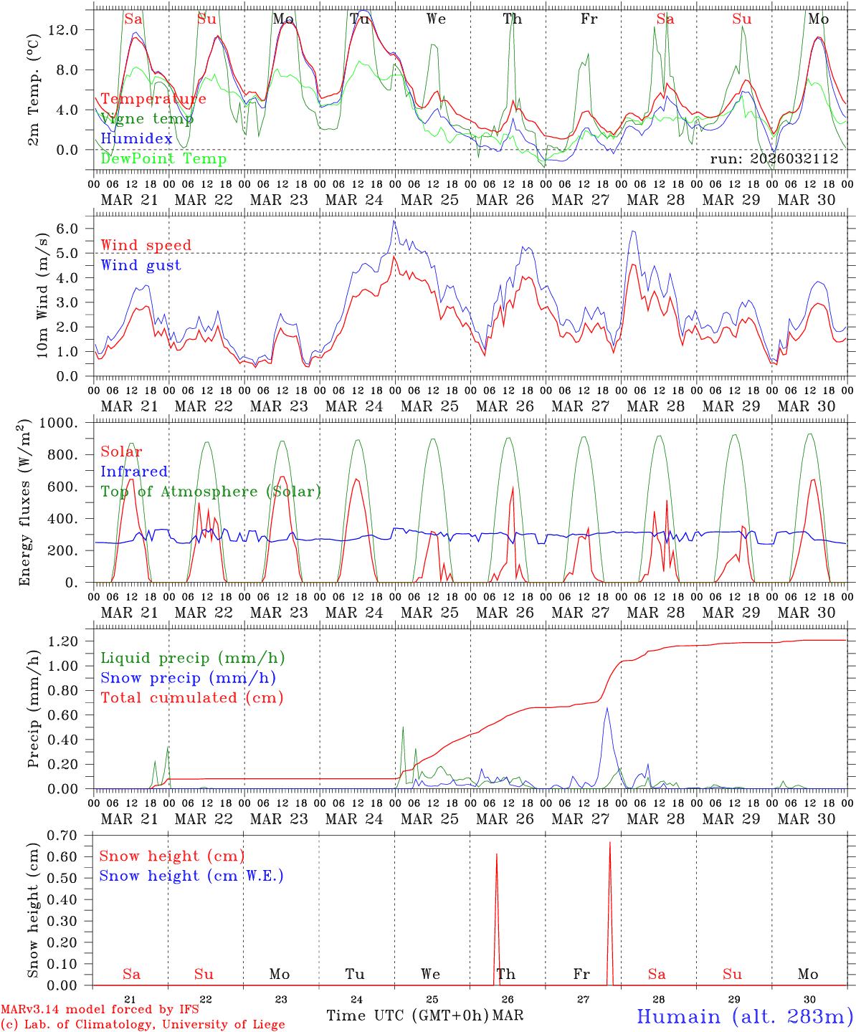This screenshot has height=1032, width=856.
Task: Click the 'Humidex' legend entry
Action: (x=136, y=139)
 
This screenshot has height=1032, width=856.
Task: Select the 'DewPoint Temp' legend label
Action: (x=163, y=159)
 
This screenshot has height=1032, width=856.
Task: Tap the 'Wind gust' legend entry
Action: (x=141, y=265)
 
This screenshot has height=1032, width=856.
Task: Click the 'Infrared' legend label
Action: (x=134, y=472)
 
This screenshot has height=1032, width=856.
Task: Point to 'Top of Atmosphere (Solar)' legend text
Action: (x=211, y=492)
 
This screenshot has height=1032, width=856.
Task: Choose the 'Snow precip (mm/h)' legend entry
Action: (x=188, y=678)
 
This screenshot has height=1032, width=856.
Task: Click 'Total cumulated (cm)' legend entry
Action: (x=191, y=697)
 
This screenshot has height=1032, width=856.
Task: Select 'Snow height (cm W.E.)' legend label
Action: (x=191, y=876)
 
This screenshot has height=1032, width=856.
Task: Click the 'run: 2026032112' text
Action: (x=774, y=159)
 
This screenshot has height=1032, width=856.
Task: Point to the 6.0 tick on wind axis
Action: (x=67, y=229)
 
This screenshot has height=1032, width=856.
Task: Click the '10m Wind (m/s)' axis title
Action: (x=43, y=295)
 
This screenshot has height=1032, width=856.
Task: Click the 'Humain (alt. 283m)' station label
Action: (x=744, y=1016)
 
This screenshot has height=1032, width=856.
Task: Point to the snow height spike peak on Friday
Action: (x=610, y=843)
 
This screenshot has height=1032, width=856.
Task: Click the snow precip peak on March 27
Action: (x=607, y=708)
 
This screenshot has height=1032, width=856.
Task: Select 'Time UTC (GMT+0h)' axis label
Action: (x=407, y=1016)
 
